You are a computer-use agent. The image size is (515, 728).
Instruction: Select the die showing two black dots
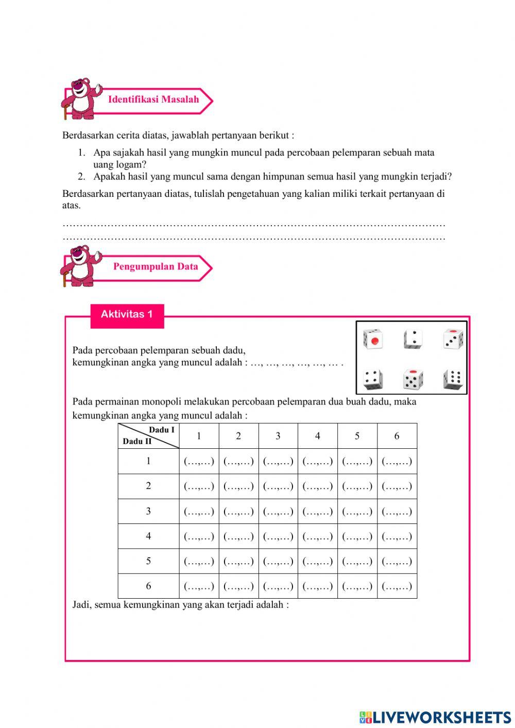413,340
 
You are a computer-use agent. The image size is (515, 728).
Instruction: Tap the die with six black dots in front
453,379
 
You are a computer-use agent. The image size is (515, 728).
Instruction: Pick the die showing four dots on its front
372,380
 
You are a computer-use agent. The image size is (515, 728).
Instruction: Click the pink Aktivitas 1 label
127,315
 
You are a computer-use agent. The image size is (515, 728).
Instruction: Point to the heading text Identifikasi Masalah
153,99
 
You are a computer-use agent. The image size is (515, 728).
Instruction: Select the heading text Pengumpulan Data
156,266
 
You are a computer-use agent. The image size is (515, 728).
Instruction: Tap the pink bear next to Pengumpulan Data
81,266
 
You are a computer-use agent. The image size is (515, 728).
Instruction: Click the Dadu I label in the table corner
161,430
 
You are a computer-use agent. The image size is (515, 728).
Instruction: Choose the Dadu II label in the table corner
137,442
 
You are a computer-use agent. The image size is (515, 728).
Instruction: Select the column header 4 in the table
317,436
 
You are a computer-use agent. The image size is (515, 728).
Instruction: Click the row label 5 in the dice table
148,561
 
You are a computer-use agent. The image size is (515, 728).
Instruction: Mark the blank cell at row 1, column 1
199,462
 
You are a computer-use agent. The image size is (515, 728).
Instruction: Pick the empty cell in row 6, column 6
397,586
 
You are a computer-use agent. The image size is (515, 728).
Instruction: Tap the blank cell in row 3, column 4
317,512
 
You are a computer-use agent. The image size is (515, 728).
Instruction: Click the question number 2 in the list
81,177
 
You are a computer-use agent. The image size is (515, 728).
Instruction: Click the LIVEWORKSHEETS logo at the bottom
435,717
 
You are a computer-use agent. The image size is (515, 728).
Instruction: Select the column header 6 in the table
397,436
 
